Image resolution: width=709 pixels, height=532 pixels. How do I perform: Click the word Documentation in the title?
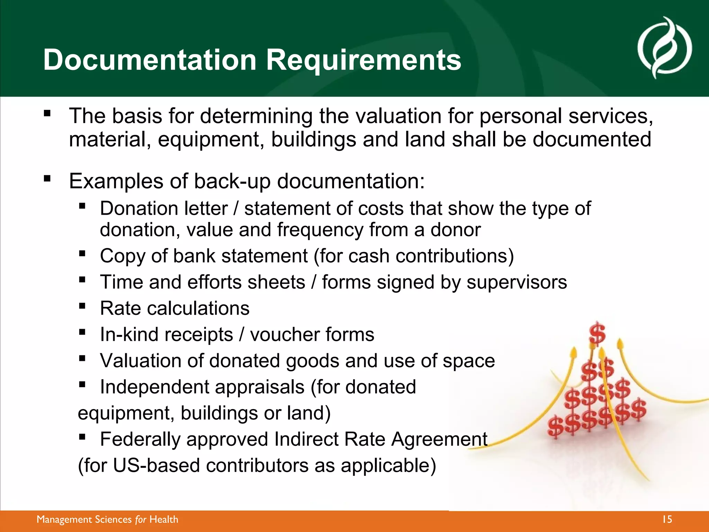(x=150, y=60)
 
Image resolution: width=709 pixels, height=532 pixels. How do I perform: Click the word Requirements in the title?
(x=363, y=60)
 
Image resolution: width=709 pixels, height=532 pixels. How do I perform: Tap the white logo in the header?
(x=664, y=48)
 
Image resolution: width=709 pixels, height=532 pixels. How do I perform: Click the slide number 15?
(x=666, y=520)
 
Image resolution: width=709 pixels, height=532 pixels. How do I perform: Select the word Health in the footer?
(x=164, y=520)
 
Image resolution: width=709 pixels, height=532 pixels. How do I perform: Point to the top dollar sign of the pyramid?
(x=597, y=333)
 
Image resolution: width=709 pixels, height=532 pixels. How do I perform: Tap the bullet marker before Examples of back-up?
(x=47, y=179)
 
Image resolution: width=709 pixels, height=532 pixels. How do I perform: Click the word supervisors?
(x=517, y=282)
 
